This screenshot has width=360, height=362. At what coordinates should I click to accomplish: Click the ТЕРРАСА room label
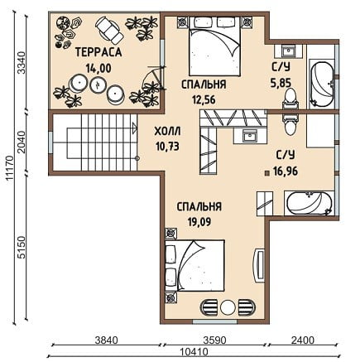(x=98, y=52)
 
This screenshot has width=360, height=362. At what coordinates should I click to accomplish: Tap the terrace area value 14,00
(x=98, y=68)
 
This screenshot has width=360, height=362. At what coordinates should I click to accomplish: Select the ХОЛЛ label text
(x=167, y=131)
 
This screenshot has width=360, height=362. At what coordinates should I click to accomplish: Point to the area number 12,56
(x=204, y=99)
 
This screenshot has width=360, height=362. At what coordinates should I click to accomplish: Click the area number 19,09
(x=199, y=222)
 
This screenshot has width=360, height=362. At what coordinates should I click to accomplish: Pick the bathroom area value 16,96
(x=286, y=171)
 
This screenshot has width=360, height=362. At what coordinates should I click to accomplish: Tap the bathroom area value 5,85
(x=281, y=82)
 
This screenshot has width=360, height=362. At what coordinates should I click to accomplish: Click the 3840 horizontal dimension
(x=106, y=340)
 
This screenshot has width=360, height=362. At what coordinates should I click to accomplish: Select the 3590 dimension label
(x=214, y=340)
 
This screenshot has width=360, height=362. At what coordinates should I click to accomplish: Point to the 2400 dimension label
(x=303, y=340)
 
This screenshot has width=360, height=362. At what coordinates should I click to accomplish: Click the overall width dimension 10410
(x=194, y=352)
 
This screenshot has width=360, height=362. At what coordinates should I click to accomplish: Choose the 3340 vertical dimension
(x=22, y=63)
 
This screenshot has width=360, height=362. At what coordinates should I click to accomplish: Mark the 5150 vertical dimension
(x=22, y=247)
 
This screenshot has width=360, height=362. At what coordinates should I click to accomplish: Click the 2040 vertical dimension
(x=22, y=142)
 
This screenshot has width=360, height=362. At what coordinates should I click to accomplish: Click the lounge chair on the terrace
(x=109, y=31)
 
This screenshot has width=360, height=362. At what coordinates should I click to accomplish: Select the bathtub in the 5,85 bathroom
(x=322, y=84)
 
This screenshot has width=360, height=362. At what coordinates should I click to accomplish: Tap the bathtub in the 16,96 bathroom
(x=309, y=203)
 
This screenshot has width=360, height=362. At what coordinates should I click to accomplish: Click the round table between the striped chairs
(x=228, y=307)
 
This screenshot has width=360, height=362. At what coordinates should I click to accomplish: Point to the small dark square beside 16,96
(x=266, y=173)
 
